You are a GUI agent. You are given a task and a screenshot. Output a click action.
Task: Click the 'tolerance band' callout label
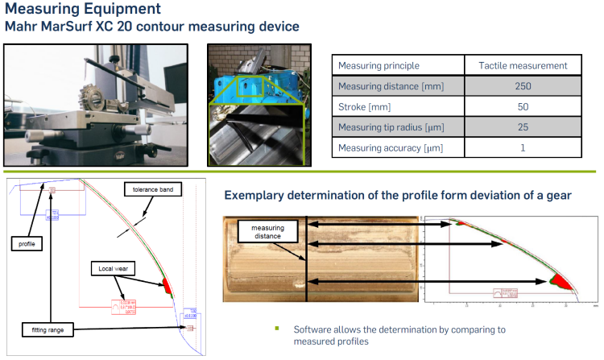click(153, 190)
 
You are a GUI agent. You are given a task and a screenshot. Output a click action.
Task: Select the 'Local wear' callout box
click(112, 267)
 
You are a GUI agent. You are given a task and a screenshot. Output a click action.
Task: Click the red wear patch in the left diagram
click(168, 284)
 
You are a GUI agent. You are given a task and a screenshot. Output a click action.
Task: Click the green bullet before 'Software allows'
click(276, 329)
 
